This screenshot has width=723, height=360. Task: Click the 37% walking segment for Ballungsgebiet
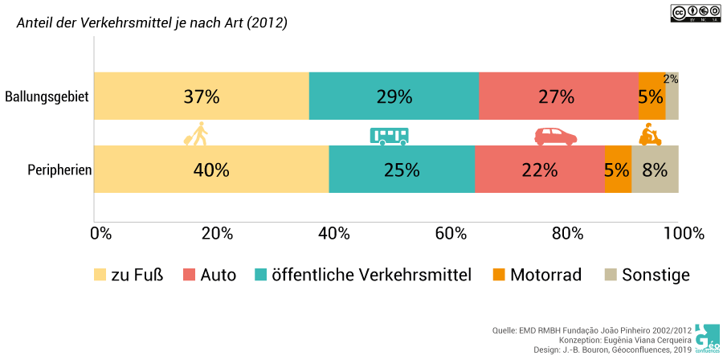[201, 96]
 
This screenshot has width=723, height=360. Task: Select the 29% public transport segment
[394, 96]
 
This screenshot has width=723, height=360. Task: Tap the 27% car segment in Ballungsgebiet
[557, 96]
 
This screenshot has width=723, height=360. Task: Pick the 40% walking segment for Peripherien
[211, 170]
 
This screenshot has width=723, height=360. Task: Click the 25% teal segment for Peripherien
[402, 170]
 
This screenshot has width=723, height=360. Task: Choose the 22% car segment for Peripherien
[539, 170]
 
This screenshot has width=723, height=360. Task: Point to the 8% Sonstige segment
[655, 170]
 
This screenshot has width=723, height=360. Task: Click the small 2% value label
[671, 80]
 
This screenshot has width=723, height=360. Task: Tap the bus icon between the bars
[389, 135]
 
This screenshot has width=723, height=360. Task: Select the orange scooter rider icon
[649, 134]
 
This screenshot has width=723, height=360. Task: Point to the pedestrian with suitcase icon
[195, 134]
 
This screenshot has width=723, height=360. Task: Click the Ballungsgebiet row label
[47, 97]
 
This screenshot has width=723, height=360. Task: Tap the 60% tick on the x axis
[451, 234]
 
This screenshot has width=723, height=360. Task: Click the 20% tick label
[217, 234]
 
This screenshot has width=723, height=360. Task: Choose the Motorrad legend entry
[537, 275]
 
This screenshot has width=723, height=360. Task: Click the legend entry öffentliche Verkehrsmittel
[362, 275]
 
